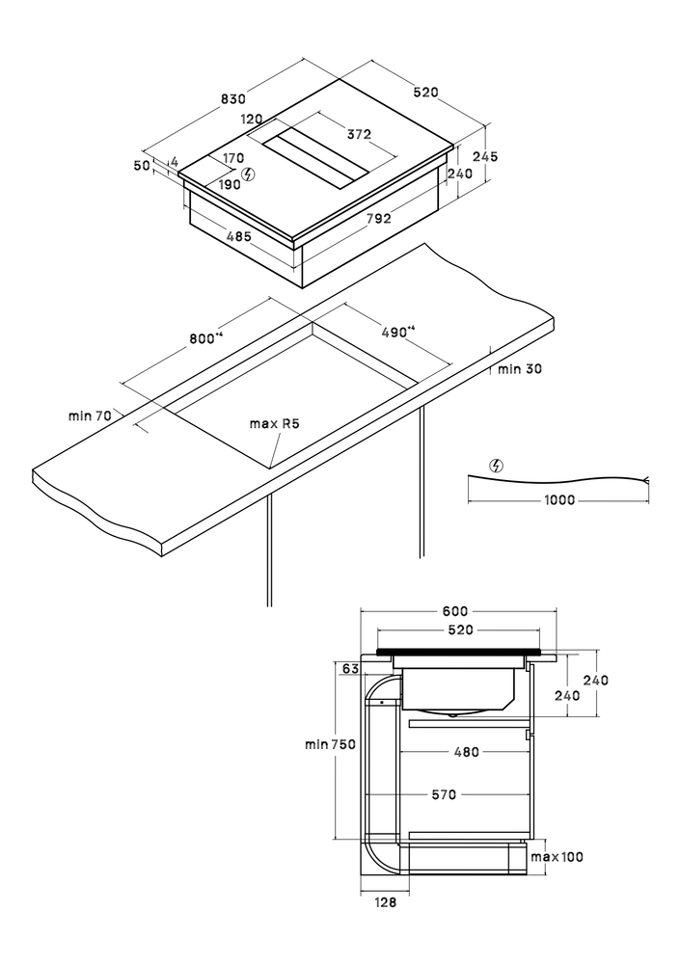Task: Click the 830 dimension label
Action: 233,99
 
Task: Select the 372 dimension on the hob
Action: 360,133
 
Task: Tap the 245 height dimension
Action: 485,156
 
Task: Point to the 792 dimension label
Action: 379,219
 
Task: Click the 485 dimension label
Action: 238,236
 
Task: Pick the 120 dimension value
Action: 252,120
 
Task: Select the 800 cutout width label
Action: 205,337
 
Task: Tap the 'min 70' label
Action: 90,415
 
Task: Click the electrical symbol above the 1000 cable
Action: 497,465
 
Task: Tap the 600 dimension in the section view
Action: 455,611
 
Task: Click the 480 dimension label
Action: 466,753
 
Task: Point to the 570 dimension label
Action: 444,795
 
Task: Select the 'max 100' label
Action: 558,857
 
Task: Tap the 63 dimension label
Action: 349,668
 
